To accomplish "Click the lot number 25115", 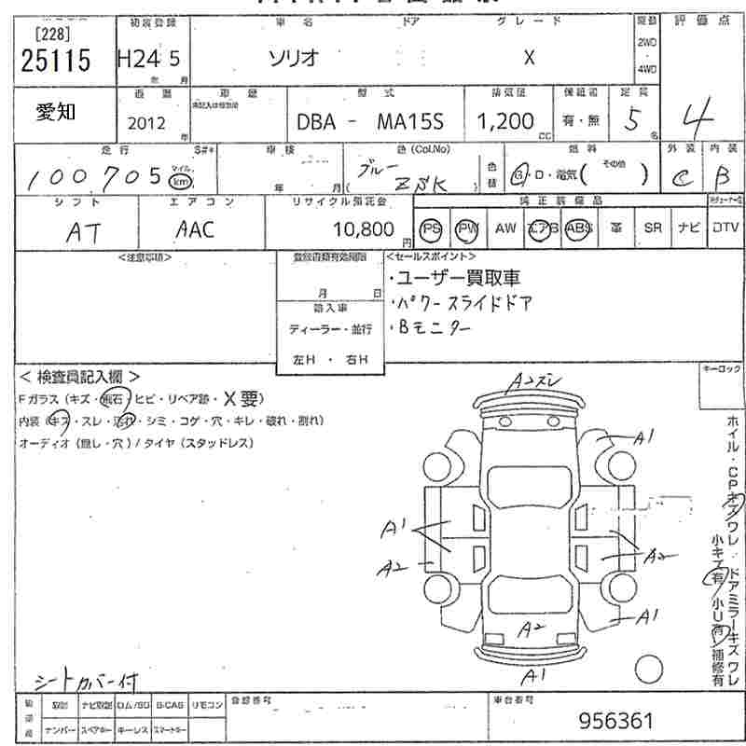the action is pyautogui.click(x=55, y=62).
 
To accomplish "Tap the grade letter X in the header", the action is pyautogui.click(x=529, y=57).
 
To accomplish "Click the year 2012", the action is pyautogui.click(x=145, y=121).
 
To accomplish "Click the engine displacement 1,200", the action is pyautogui.click(x=505, y=121).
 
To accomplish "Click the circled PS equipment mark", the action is pyautogui.click(x=431, y=228).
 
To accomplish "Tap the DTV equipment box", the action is pyautogui.click(x=725, y=228).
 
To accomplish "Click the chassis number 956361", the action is pyautogui.click(x=615, y=721).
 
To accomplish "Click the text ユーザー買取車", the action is pyautogui.click(x=458, y=278).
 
